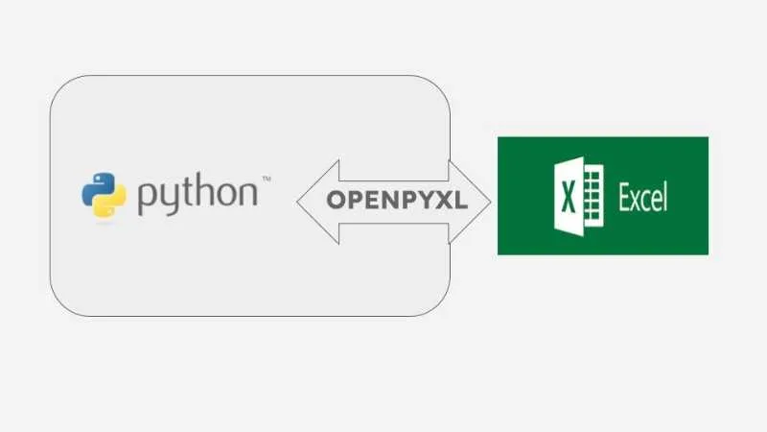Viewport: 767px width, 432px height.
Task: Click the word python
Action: coord(198,194)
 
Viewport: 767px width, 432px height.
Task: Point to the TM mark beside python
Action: coord(267,179)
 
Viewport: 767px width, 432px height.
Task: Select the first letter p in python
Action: coord(146,199)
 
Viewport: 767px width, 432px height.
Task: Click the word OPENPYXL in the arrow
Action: coord(397,201)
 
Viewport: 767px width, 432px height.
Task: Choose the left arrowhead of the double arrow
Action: coord(318,202)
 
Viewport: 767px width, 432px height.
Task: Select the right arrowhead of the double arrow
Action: coord(470,202)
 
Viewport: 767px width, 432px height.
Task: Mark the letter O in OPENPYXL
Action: coord(337,201)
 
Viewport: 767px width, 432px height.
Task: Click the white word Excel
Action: coord(642,197)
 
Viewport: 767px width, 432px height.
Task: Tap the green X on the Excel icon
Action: coord(568,197)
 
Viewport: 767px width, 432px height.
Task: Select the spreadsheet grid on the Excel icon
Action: coord(593,196)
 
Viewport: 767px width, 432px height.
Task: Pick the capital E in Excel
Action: coord(625,197)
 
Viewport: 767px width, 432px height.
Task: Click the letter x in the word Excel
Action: coord(637,201)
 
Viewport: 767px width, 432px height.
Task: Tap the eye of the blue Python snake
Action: coord(97,178)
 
